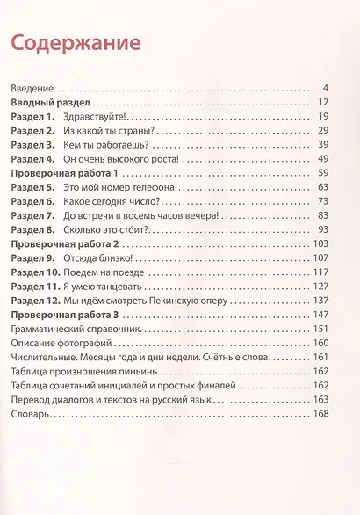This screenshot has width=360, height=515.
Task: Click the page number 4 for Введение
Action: [325, 88]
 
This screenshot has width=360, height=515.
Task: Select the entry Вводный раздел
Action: [49, 104]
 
